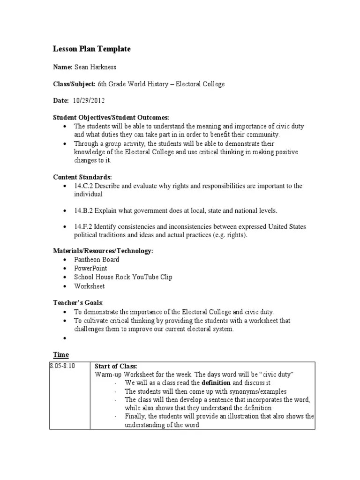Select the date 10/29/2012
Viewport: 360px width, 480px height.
[89, 101]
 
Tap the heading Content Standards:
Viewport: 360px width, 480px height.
[82, 177]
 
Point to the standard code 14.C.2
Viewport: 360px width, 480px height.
[83, 186]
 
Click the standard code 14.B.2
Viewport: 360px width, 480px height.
[83, 210]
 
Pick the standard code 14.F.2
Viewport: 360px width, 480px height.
[83, 227]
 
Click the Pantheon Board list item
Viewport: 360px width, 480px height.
[97, 260]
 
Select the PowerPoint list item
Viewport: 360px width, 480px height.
[90, 269]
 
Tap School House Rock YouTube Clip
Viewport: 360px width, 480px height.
[123, 277]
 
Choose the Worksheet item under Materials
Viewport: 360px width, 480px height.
[89, 286]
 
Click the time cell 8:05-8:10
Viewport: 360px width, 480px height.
[63, 366]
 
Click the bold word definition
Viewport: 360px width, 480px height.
[216, 383]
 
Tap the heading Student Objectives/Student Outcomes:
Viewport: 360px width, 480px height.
[111, 117]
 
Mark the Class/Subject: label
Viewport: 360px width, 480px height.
[74, 84]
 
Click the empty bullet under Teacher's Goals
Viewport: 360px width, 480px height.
[64, 338]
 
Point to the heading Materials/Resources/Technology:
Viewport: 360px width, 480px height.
[103, 251]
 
